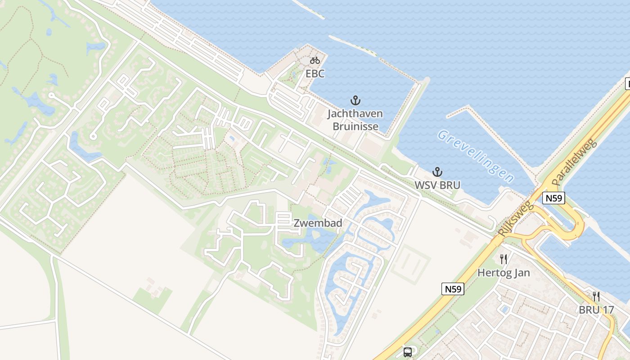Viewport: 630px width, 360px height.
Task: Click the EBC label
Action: (315, 73)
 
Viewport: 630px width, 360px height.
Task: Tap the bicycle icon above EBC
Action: (315, 60)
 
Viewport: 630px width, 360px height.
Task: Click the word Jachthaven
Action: (355, 113)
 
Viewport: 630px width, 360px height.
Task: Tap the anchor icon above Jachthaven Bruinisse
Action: (355, 100)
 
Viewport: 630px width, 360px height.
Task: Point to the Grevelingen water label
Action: (475, 156)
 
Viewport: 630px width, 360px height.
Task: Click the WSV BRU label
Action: (437, 185)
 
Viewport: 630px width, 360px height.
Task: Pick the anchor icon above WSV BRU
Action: (437, 171)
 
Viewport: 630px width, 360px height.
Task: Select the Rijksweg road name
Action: (516, 220)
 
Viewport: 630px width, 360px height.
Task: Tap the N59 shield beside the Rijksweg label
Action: (553, 198)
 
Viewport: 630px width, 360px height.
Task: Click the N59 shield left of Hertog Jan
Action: (452, 289)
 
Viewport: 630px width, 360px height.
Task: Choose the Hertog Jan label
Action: (504, 273)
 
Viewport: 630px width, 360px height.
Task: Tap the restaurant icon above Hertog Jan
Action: (504, 259)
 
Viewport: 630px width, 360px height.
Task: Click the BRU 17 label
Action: (596, 310)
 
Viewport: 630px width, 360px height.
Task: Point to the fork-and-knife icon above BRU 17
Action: (596, 297)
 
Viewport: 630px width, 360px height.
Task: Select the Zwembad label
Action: (318, 223)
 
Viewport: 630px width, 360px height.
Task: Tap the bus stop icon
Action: (408, 352)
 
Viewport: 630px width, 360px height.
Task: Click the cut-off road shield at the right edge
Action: (627, 84)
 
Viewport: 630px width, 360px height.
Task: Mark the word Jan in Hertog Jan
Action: (521, 273)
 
